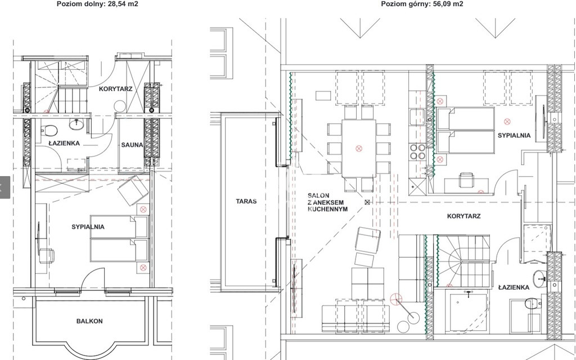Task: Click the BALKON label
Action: coord(89,321)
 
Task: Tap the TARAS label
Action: coord(246,201)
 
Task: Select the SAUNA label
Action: coord(132,145)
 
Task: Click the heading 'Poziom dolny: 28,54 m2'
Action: coord(97,4)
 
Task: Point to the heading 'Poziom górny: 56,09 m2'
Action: coord(422,4)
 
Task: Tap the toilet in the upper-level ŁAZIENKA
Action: coord(533,304)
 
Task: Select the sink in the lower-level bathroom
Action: coord(76,124)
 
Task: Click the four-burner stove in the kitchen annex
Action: coord(417,152)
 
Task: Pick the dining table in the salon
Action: coord(358,148)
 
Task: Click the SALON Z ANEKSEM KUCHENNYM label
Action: coord(327,202)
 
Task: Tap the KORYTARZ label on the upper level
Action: coord(463,216)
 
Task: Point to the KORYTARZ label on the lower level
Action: coord(115,89)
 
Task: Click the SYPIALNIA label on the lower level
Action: coord(88,227)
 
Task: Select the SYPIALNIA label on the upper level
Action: coord(514,136)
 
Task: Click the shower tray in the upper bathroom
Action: coord(466,310)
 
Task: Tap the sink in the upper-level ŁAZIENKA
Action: coord(540,278)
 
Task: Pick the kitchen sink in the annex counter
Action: coord(417,117)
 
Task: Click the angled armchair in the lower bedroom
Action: coord(133,190)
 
